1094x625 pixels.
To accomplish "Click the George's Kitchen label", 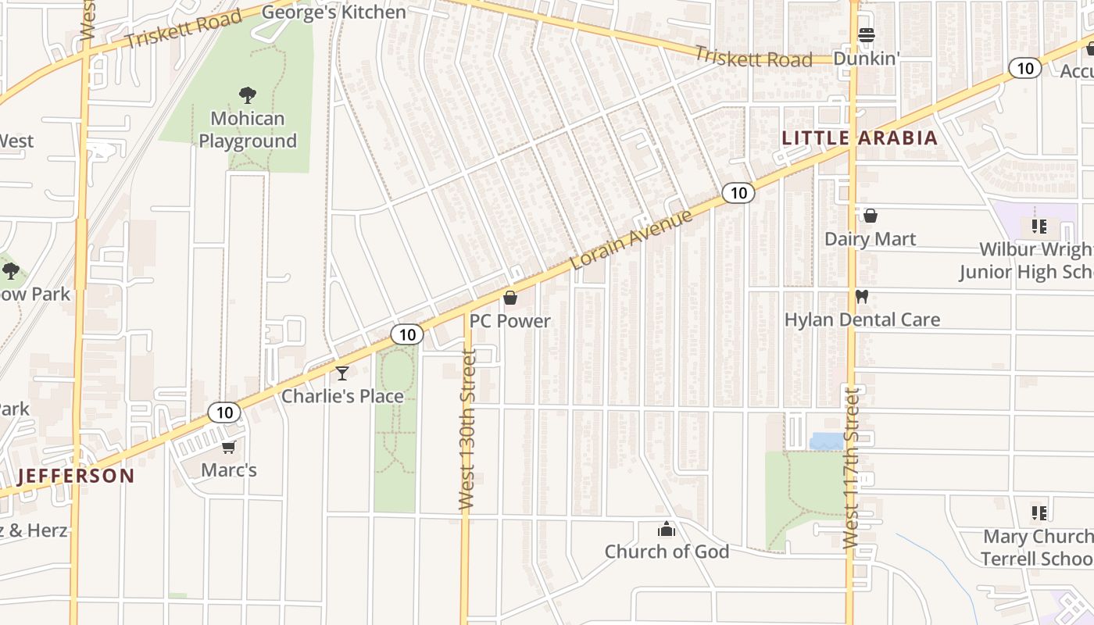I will coord(334,12).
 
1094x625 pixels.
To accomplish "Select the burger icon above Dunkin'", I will coord(866,35).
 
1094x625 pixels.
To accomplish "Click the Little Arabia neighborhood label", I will coord(860,138).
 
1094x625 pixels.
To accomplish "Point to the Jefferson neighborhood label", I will coord(76,476).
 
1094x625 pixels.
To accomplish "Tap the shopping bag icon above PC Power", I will coord(510,298).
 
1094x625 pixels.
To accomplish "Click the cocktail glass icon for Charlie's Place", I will coord(342,373).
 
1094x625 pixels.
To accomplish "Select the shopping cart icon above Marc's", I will coord(228,447).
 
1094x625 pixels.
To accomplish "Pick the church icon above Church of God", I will coord(666,530).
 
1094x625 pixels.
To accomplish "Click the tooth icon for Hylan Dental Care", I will coord(862,297).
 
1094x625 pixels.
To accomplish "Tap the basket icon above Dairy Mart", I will coord(871,216).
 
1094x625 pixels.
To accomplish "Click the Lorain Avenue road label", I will coord(631,239).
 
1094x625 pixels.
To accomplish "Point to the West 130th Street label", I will coord(467,430).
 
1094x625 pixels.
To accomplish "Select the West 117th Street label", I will coord(851,466).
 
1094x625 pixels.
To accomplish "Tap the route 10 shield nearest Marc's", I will coord(224,412).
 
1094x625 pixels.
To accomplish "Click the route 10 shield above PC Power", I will coord(406,335).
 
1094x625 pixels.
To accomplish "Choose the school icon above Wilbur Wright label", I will coord(1039,227).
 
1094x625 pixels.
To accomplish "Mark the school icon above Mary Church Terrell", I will coord(1039,513).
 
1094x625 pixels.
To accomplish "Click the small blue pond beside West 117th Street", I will coord(827,442).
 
